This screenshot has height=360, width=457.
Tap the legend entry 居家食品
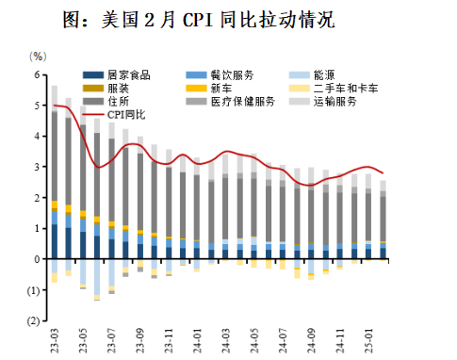point(128,74)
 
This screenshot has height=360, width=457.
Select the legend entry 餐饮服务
point(230,74)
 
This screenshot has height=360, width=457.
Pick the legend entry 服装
point(118,88)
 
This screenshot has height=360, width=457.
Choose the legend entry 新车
point(220,88)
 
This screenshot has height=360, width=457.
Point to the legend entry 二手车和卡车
point(341,88)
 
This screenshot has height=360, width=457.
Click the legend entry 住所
point(118,101)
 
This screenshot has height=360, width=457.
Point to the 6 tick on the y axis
point(39,75)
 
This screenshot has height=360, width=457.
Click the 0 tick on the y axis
point(39,259)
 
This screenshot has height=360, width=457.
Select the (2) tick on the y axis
point(37,320)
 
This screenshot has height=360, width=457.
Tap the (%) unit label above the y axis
point(38,57)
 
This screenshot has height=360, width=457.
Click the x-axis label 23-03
point(56,338)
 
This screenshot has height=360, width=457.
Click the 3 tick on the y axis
point(39,167)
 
